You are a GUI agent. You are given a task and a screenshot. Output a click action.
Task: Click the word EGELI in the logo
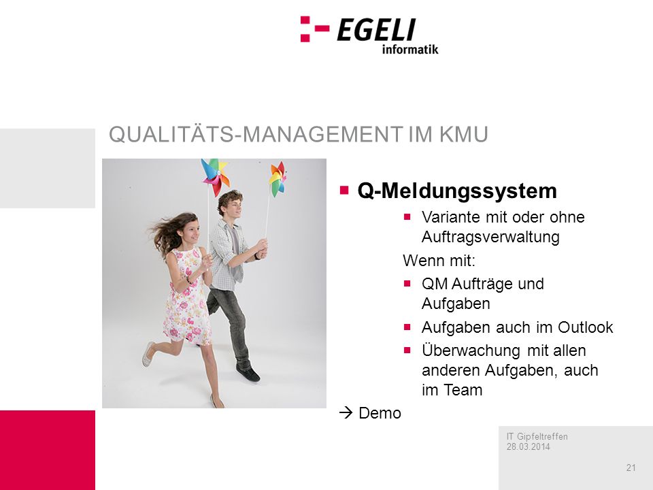(x=376, y=29)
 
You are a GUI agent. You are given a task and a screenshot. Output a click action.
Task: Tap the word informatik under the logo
(x=410, y=50)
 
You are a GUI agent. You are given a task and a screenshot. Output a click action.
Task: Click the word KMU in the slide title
(x=463, y=135)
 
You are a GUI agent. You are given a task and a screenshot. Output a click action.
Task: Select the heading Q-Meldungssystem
(x=457, y=191)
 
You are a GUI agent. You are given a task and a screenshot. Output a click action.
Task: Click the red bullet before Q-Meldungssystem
(x=344, y=191)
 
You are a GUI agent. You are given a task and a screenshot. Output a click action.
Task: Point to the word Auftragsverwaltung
(x=490, y=237)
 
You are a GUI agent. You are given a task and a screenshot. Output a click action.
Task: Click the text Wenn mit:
(x=439, y=261)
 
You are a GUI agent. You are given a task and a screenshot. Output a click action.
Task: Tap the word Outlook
(x=585, y=327)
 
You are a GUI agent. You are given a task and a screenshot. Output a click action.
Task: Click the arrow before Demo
(x=346, y=413)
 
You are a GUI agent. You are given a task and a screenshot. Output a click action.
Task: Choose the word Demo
(x=380, y=413)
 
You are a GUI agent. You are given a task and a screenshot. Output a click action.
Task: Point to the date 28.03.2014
(x=528, y=446)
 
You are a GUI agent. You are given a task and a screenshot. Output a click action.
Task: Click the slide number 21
(x=631, y=468)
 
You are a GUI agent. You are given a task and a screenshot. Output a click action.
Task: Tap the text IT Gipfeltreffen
(x=537, y=437)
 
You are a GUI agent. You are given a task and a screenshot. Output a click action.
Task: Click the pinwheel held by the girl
(x=214, y=177)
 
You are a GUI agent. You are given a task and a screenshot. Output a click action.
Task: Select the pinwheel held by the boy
(x=278, y=178)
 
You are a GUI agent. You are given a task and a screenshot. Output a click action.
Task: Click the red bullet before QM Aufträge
(x=407, y=284)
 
